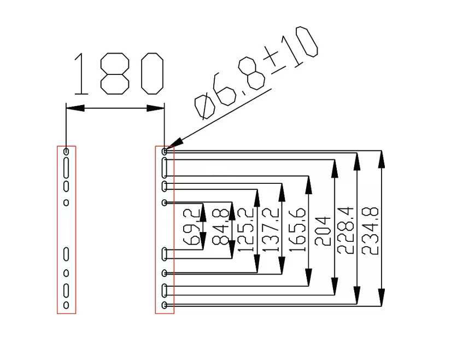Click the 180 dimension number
(119, 73)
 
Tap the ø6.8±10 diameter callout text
(256, 73)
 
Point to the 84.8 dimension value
(221, 227)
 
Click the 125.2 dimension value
(245, 230)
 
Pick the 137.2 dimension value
(270, 230)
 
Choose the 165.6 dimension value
(296, 230)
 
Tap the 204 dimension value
(322, 231)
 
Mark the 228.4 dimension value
(345, 230)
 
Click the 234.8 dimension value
(370, 231)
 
